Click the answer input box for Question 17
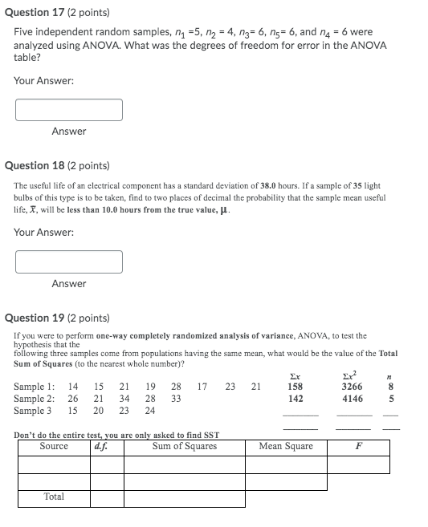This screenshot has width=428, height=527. pyautogui.click(x=69, y=109)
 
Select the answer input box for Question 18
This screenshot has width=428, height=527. pyautogui.click(x=69, y=261)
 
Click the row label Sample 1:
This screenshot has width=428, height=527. pyautogui.click(x=35, y=387)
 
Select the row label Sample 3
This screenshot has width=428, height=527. pyautogui.click(x=33, y=411)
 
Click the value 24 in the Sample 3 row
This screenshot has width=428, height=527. pyautogui.click(x=149, y=411)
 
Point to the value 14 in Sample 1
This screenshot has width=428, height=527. pyautogui.click(x=73, y=387)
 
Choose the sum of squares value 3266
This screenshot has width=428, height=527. pyautogui.click(x=352, y=387)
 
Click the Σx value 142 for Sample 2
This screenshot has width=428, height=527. pyautogui.click(x=296, y=399)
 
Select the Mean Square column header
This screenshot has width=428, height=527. pyautogui.click(x=286, y=446)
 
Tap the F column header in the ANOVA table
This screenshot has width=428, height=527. pyautogui.click(x=358, y=446)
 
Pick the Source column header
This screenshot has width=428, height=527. pyautogui.click(x=54, y=446)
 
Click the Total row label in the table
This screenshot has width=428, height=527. pyautogui.click(x=54, y=497)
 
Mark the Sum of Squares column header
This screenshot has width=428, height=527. pyautogui.click(x=185, y=446)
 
